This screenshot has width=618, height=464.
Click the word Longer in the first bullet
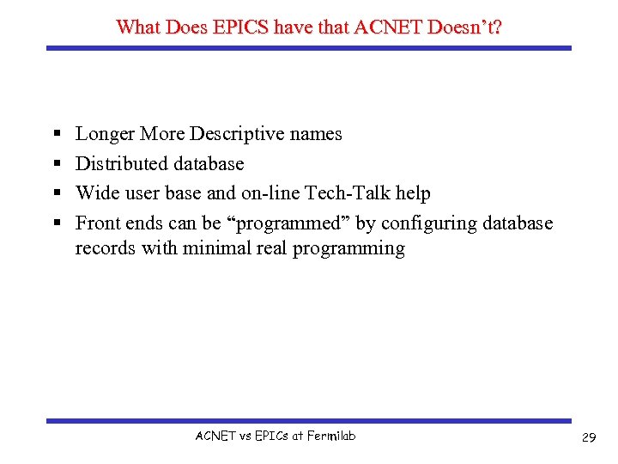coord(105,134)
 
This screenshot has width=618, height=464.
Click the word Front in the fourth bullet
coord(98,223)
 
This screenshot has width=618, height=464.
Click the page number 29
coord(589,438)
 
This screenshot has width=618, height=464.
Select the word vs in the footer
coord(244,436)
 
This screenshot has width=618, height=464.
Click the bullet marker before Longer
coord(55,135)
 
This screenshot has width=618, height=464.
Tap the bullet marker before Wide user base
coord(55,194)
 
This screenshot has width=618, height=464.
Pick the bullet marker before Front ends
coord(55,224)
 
